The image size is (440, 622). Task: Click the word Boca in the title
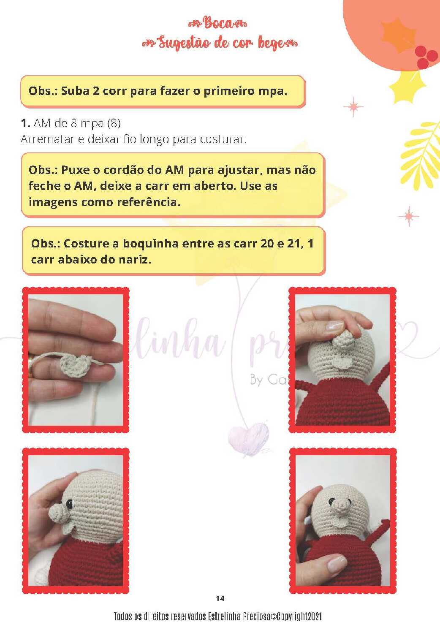pos(217,23)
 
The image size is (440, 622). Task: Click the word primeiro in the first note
pos(229,91)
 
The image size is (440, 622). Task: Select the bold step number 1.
pos(25,123)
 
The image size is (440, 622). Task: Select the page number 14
pos(220,598)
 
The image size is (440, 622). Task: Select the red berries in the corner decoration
pos(425,56)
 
